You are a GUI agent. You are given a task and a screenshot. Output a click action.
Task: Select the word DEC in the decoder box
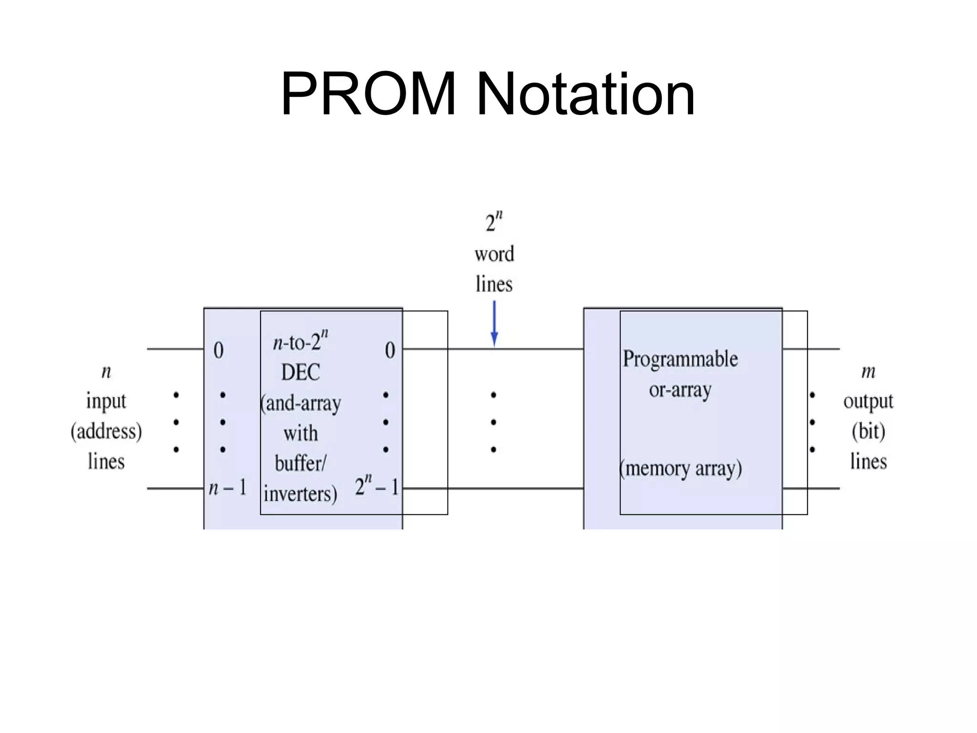coord(301,373)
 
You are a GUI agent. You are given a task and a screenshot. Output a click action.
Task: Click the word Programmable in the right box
coord(680,359)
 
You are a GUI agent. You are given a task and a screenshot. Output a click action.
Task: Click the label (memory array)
coord(681,469)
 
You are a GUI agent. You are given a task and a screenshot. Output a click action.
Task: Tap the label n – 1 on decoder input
coord(228,488)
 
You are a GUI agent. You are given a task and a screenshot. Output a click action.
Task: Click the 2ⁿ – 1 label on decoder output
coord(376,487)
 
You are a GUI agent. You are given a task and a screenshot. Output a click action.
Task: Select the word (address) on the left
coord(106,432)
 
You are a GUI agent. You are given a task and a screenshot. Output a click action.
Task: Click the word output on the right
coord(868,402)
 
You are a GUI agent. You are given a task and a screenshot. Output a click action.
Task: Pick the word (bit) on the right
coord(868,432)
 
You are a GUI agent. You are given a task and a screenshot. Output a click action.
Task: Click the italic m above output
coord(868,372)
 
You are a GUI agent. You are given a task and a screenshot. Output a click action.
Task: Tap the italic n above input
coord(106,372)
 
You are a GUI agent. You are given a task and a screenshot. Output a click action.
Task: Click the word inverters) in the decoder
coord(301,494)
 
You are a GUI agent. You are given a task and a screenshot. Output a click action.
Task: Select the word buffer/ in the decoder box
coord(301,463)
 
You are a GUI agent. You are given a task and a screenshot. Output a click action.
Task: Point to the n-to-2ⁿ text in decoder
coord(301,341)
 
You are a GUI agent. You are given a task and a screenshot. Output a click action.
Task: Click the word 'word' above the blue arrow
coord(494,254)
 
